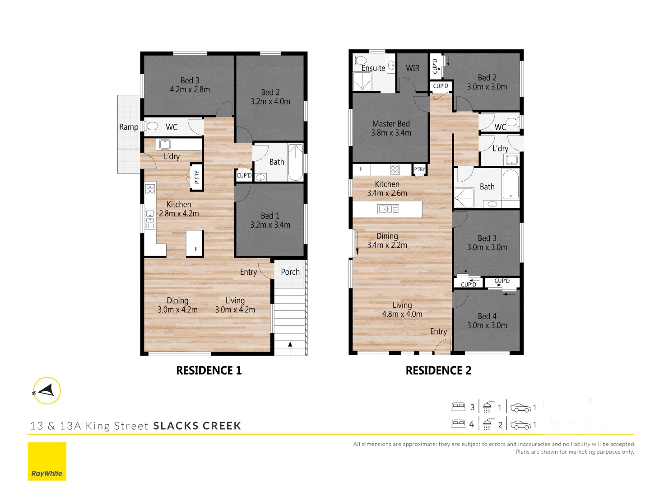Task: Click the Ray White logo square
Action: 47,461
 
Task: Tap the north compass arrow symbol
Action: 46,390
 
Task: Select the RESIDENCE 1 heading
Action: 209,371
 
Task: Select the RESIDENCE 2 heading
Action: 438,371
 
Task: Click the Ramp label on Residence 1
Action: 129,127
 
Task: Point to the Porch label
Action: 290,272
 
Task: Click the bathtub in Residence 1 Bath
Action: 296,162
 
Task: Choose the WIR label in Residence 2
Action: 413,68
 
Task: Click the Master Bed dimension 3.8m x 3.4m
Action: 391,133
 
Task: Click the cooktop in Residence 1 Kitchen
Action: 150,189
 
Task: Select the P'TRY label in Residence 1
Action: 197,177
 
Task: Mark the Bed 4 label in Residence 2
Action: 487,316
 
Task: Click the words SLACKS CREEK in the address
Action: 197,426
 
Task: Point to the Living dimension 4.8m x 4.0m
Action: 402,314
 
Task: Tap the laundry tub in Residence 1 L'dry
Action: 165,145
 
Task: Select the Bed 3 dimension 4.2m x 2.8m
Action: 190,89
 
